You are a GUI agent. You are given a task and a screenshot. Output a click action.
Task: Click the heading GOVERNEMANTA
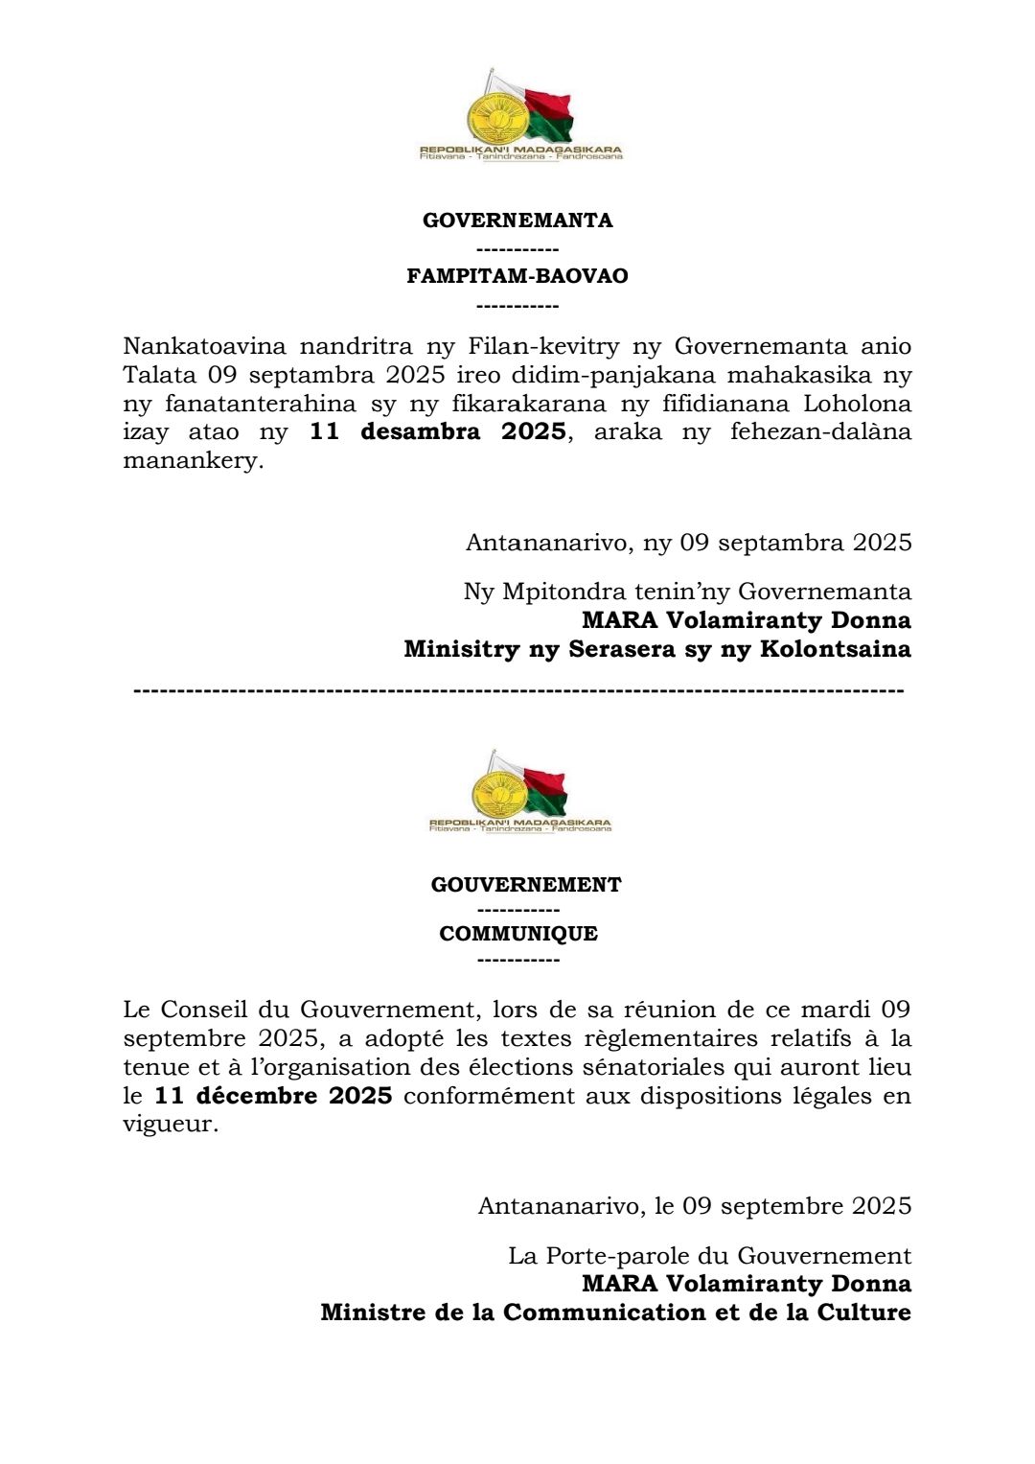tap(517, 221)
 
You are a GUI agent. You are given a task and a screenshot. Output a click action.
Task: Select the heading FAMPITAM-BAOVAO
tap(517, 276)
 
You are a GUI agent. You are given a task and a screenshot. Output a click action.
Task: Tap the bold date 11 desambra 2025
tap(437, 431)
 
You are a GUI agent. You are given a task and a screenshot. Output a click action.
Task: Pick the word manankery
tap(193, 460)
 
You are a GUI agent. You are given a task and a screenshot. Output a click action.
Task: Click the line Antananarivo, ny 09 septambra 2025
tap(688, 543)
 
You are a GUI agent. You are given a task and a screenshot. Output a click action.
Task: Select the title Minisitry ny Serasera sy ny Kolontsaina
tap(657, 649)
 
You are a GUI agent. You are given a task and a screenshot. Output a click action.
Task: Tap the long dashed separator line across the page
tap(517, 690)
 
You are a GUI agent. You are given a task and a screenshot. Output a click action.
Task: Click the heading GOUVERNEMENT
tap(526, 885)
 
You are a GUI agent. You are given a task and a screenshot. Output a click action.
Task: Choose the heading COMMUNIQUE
tap(518, 934)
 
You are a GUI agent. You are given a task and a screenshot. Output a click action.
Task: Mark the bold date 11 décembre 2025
tap(273, 1096)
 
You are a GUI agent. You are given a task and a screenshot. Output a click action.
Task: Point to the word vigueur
tap(171, 1125)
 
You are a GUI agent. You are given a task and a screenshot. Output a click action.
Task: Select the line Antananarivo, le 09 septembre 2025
tap(695, 1206)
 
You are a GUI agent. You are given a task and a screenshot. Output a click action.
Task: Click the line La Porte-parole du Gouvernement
tap(709, 1256)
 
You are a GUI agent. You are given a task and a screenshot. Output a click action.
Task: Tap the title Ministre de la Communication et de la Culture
tap(615, 1313)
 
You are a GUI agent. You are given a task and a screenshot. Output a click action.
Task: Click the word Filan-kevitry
tap(543, 346)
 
